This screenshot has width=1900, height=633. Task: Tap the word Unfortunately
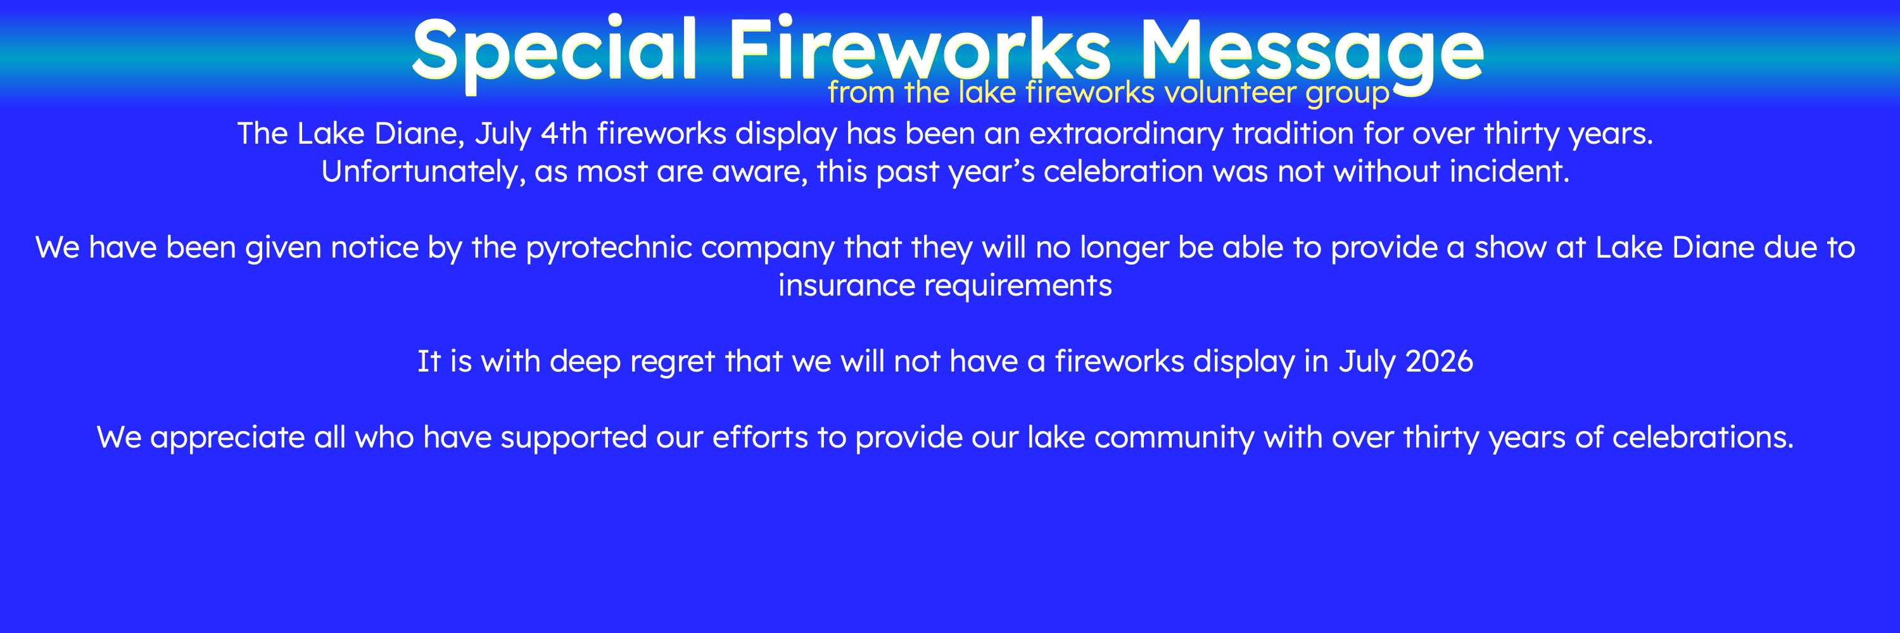pyautogui.click(x=423, y=172)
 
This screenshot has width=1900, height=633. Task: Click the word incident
pyautogui.click(x=1509, y=171)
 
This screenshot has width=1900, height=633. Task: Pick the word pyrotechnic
pyautogui.click(x=609, y=248)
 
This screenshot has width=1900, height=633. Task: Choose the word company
pyautogui.click(x=767, y=248)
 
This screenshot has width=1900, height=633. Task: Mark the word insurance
pyautogui.click(x=846, y=286)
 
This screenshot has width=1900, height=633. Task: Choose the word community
pyautogui.click(x=1174, y=438)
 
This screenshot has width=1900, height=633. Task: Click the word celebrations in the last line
pyautogui.click(x=1702, y=438)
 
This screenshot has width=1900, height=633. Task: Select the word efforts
pyautogui.click(x=760, y=438)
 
